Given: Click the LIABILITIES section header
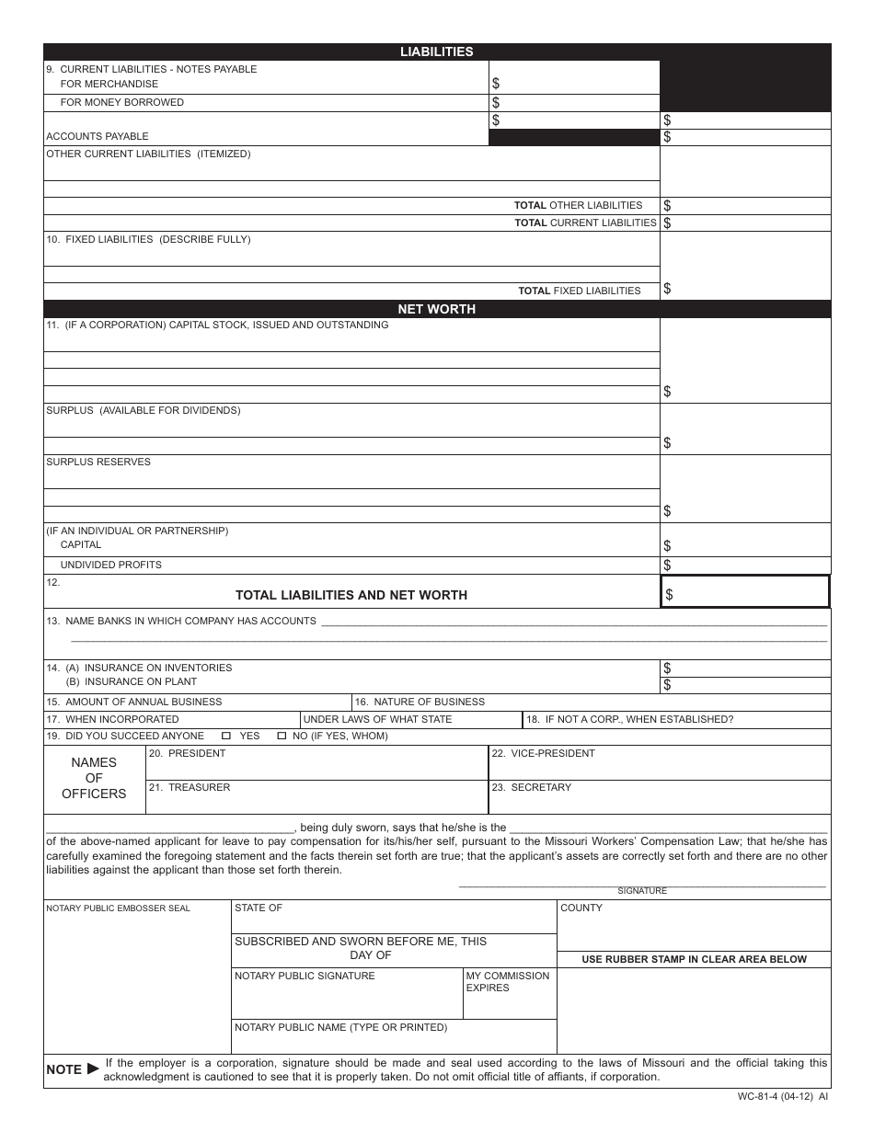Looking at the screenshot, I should [x=436, y=52].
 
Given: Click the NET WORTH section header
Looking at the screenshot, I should [x=436, y=309].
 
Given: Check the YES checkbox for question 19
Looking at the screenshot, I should [x=226, y=737].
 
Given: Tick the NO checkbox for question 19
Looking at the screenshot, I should [x=282, y=737].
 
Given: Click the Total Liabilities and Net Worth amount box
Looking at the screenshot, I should [x=745, y=592].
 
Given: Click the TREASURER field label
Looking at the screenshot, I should [x=190, y=788].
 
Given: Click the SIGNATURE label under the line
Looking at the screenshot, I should [x=642, y=891].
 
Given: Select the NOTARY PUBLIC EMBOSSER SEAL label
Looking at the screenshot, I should [x=118, y=908].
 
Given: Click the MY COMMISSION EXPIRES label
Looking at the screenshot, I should [x=507, y=982].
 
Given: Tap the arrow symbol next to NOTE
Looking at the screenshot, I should [x=93, y=1069].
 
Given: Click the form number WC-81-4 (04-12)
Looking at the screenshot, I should [x=782, y=1097].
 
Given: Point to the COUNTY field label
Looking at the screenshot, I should [x=581, y=908].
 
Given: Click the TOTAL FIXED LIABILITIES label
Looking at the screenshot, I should [x=579, y=291].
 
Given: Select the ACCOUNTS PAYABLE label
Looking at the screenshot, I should [x=97, y=137].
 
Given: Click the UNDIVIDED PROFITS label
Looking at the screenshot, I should [x=110, y=565].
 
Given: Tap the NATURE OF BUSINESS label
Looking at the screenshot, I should [x=420, y=703].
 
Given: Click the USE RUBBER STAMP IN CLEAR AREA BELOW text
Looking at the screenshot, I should [x=694, y=959].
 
